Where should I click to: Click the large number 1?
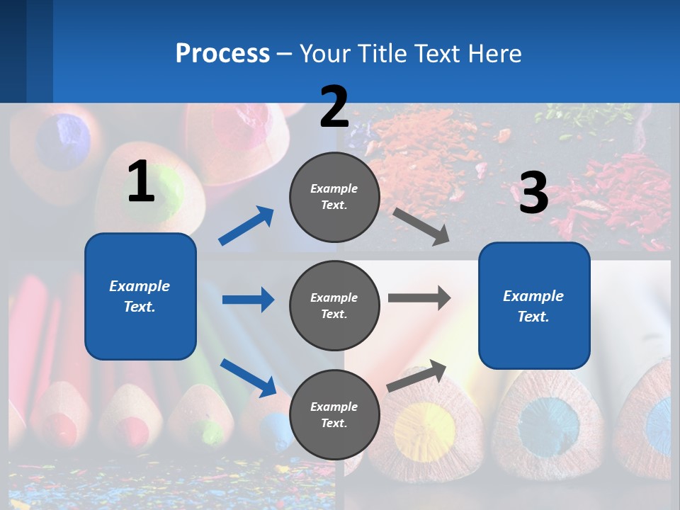tap(141, 181)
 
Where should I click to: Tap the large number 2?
tap(334, 107)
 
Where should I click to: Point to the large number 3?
tap(533, 193)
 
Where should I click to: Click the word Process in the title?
tap(222, 53)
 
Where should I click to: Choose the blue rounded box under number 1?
tap(140, 296)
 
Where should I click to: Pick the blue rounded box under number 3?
tap(534, 305)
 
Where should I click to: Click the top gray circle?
tap(334, 197)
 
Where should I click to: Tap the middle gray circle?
tap(334, 305)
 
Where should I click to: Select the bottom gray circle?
tap(334, 414)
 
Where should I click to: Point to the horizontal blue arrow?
tap(248, 300)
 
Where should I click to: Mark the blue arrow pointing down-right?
tap(249, 378)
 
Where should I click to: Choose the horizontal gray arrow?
tap(419, 297)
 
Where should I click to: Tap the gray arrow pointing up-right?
tap(416, 375)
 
